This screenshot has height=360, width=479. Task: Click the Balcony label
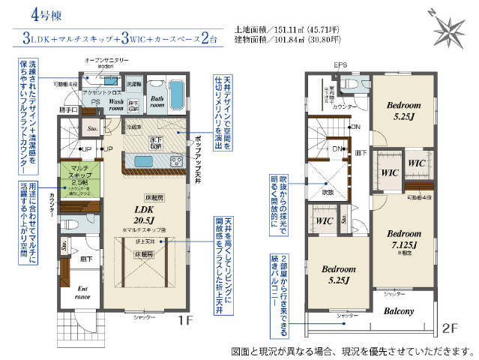402,310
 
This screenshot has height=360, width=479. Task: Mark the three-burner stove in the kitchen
176,160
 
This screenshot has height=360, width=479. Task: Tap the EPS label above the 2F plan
340,65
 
